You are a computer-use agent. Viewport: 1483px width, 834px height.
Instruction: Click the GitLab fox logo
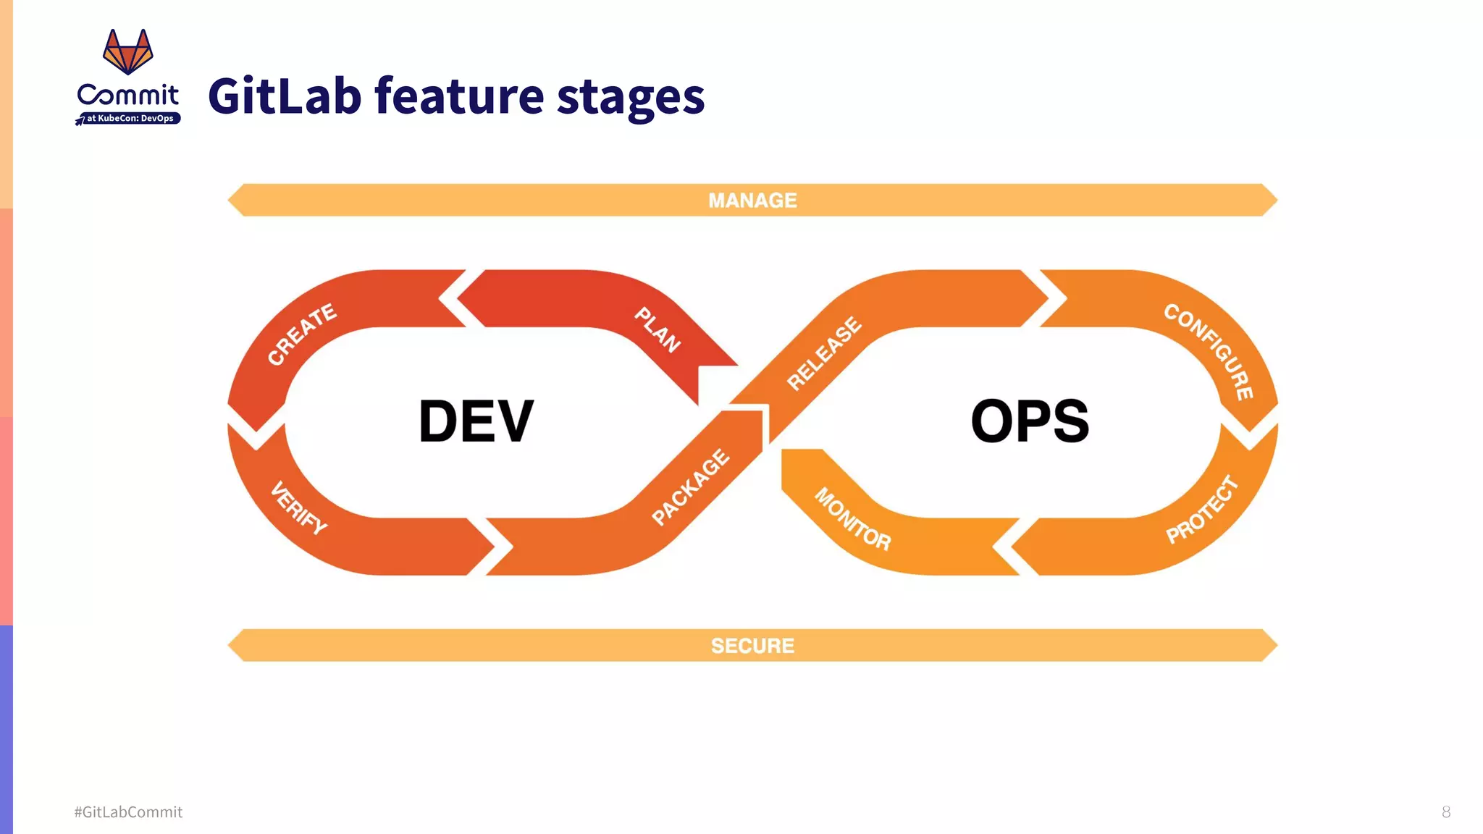(128, 51)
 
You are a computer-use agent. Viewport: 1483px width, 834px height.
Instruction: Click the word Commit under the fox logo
(128, 94)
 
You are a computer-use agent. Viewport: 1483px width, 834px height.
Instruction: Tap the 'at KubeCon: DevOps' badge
(130, 118)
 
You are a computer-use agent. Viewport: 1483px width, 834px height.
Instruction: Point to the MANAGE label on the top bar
(752, 201)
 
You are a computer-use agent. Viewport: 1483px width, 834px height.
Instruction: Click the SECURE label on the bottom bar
(752, 646)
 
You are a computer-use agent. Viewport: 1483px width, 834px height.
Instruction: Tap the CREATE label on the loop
(302, 334)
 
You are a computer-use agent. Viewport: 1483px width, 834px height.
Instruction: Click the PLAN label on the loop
(658, 329)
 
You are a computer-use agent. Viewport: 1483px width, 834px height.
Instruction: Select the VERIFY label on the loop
(298, 507)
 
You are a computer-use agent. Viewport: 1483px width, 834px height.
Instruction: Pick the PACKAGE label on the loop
(690, 486)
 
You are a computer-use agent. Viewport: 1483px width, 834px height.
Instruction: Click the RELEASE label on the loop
(824, 353)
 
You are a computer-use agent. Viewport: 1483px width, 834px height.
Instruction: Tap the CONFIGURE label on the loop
(1209, 351)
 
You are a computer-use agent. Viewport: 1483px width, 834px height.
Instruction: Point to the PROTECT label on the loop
(1202, 510)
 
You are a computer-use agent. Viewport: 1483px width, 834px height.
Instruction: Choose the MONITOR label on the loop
(852, 518)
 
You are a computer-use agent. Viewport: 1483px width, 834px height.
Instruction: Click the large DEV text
(476, 421)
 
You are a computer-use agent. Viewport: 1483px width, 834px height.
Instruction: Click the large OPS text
(1030, 421)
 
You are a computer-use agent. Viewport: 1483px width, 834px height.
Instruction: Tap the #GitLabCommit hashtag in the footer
(128, 812)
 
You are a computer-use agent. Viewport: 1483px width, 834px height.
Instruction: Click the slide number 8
(1446, 812)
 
